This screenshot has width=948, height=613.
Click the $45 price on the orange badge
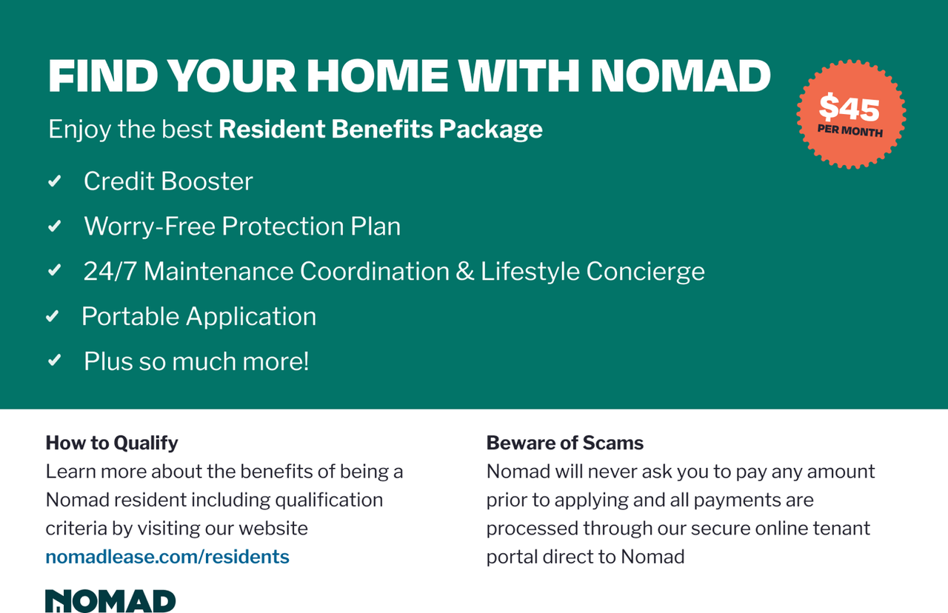(849, 107)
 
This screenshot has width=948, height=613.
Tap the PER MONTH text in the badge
(849, 131)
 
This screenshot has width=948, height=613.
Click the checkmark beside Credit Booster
(55, 181)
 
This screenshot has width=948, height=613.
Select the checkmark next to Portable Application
(52, 316)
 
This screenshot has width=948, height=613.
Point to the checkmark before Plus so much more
(55, 361)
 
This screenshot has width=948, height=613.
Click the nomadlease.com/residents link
(167, 556)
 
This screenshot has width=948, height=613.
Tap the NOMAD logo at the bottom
(110, 600)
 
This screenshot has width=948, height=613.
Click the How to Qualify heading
(112, 443)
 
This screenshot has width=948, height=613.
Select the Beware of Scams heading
(564, 443)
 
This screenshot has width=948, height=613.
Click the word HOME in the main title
(377, 76)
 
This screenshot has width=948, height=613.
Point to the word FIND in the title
(103, 76)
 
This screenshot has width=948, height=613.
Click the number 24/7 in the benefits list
(110, 271)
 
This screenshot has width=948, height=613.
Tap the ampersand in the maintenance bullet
(464, 271)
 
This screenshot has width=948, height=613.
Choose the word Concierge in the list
(645, 272)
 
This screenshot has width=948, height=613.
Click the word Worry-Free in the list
(150, 226)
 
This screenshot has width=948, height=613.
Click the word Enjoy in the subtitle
(79, 130)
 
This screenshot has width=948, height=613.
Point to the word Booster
(207, 181)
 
